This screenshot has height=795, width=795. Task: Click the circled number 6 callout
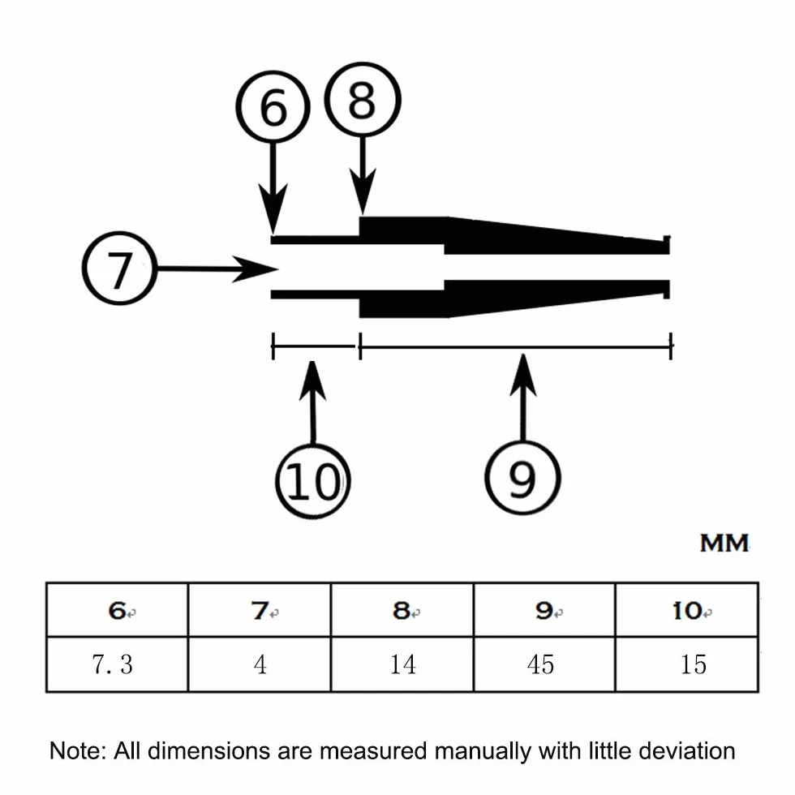pyautogui.click(x=273, y=106)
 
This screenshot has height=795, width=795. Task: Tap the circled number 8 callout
pyautogui.click(x=363, y=99)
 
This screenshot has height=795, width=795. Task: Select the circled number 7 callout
pyautogui.click(x=120, y=269)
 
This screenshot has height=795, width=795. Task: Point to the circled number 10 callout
pyautogui.click(x=313, y=480)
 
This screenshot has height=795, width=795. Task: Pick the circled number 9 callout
pyautogui.click(x=522, y=478)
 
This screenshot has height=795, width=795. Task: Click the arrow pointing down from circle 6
pyautogui.click(x=273, y=188)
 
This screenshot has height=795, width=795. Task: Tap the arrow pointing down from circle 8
pyautogui.click(x=363, y=175)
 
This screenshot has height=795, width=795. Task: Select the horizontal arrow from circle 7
pyautogui.click(x=218, y=269)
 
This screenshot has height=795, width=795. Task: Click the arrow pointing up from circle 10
pyautogui.click(x=312, y=402)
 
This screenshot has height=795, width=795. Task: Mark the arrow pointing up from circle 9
pyautogui.click(x=522, y=397)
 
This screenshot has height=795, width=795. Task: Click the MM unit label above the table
pyautogui.click(x=724, y=543)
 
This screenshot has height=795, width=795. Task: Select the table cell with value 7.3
pyautogui.click(x=117, y=664)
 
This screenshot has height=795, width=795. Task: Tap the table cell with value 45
pyautogui.click(x=544, y=664)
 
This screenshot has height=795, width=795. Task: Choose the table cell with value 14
pyautogui.click(x=402, y=664)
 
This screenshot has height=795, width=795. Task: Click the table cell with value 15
pyautogui.click(x=687, y=664)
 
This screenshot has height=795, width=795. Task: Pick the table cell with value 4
pyautogui.click(x=260, y=664)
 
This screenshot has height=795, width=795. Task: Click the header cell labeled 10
pyautogui.click(x=687, y=610)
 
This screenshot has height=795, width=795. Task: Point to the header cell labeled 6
pyautogui.click(x=117, y=610)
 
